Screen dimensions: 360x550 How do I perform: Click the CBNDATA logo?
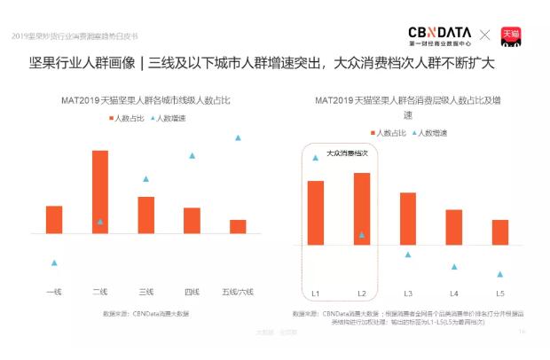[439, 35]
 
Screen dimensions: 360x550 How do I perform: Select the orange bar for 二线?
[100, 192]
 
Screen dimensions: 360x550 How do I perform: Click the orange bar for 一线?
[54, 219]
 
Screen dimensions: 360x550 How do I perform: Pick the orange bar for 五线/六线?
[238, 226]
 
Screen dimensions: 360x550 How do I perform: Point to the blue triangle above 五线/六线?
[238, 137]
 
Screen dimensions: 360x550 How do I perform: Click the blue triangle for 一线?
[54, 262]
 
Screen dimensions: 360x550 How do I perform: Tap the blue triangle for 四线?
[192, 155]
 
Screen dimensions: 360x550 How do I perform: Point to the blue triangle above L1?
[315, 158]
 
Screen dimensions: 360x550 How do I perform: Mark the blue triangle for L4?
[454, 266]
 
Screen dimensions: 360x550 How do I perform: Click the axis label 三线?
[145, 291]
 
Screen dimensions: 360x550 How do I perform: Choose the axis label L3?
[408, 293]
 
